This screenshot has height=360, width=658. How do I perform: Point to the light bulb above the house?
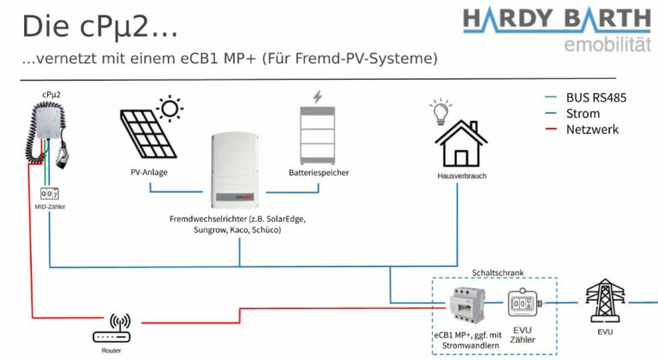click(x=442, y=111)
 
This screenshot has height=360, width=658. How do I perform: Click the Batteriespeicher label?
click(x=319, y=172)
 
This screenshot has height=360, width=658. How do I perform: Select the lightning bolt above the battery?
click(x=318, y=96)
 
